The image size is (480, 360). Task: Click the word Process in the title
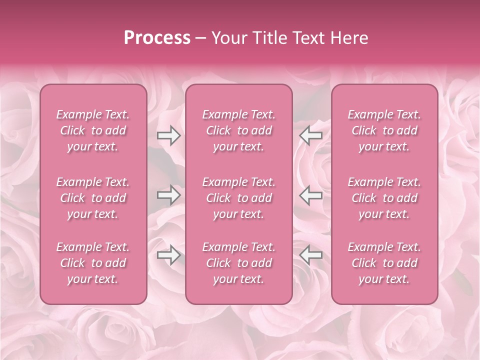(x=157, y=38)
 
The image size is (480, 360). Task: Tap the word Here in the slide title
(x=348, y=38)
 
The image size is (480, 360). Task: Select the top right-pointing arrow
(x=168, y=135)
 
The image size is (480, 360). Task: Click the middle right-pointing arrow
(x=168, y=195)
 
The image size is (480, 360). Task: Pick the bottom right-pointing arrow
(x=168, y=255)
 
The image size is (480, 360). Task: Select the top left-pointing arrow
(x=311, y=135)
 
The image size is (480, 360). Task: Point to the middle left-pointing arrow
(x=311, y=195)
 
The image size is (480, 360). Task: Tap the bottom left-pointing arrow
(x=311, y=255)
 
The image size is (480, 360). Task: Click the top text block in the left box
(x=93, y=130)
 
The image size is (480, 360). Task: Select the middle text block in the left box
(x=93, y=198)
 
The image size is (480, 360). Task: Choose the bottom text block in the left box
(x=93, y=263)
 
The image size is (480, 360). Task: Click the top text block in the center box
(x=239, y=130)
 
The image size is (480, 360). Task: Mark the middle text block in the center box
(x=239, y=198)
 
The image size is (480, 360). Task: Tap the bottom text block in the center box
(x=239, y=263)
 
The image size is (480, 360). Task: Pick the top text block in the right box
(x=384, y=130)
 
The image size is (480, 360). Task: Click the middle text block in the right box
(x=384, y=198)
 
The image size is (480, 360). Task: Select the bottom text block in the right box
(x=384, y=263)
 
